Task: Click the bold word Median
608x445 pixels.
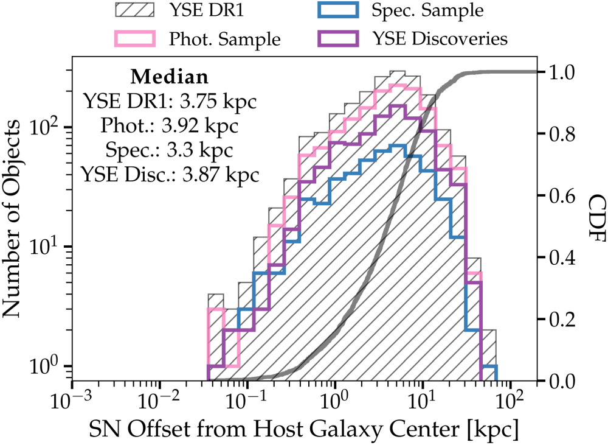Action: (x=170, y=77)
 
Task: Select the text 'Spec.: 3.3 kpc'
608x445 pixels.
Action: (x=170, y=150)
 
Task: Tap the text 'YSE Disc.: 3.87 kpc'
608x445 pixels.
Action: (x=170, y=174)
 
